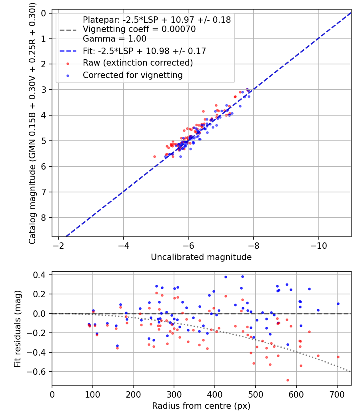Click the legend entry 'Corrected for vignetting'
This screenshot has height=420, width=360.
(x=132, y=75)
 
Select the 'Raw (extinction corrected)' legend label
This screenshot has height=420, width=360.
(x=138, y=63)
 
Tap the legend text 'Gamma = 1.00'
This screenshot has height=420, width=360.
(x=114, y=39)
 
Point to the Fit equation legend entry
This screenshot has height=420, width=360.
(x=144, y=51)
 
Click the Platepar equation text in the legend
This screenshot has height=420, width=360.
(x=157, y=20)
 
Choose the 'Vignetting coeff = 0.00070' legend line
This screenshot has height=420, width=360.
(x=139, y=29)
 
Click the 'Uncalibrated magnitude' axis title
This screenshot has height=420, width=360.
(x=201, y=257)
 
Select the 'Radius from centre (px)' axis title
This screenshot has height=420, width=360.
(x=201, y=406)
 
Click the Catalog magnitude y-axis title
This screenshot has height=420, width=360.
(x=32, y=124)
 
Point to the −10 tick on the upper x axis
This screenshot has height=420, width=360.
(x=318, y=246)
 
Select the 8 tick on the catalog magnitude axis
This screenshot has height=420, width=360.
(x=44, y=218)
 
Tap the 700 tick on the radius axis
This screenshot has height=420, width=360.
(x=337, y=394)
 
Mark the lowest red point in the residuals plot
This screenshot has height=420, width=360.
(x=288, y=380)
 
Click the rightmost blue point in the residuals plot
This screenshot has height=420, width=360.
(x=338, y=304)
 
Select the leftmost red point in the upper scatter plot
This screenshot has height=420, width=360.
(x=154, y=156)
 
